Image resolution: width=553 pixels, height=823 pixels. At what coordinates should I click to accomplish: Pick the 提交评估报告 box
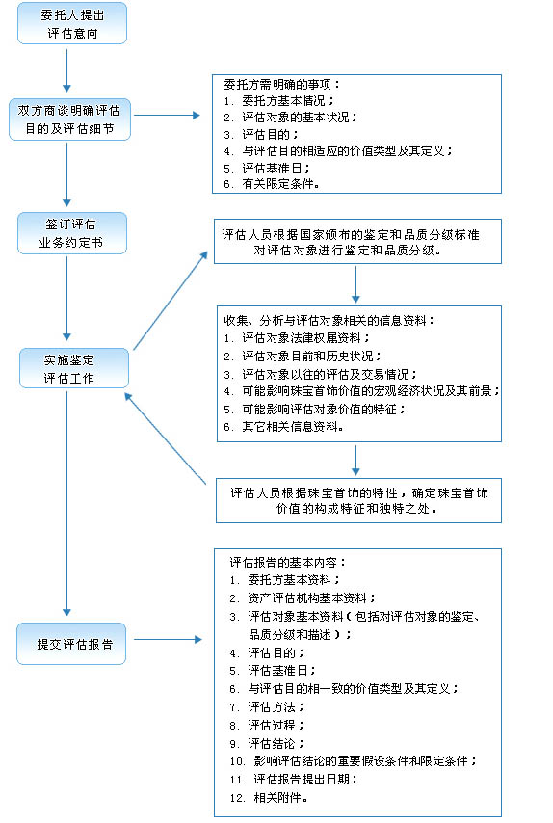point(72,643)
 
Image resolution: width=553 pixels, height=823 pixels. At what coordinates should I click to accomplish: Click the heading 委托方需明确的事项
point(276,83)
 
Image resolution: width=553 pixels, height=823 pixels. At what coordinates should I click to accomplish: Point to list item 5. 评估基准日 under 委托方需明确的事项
point(260,167)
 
